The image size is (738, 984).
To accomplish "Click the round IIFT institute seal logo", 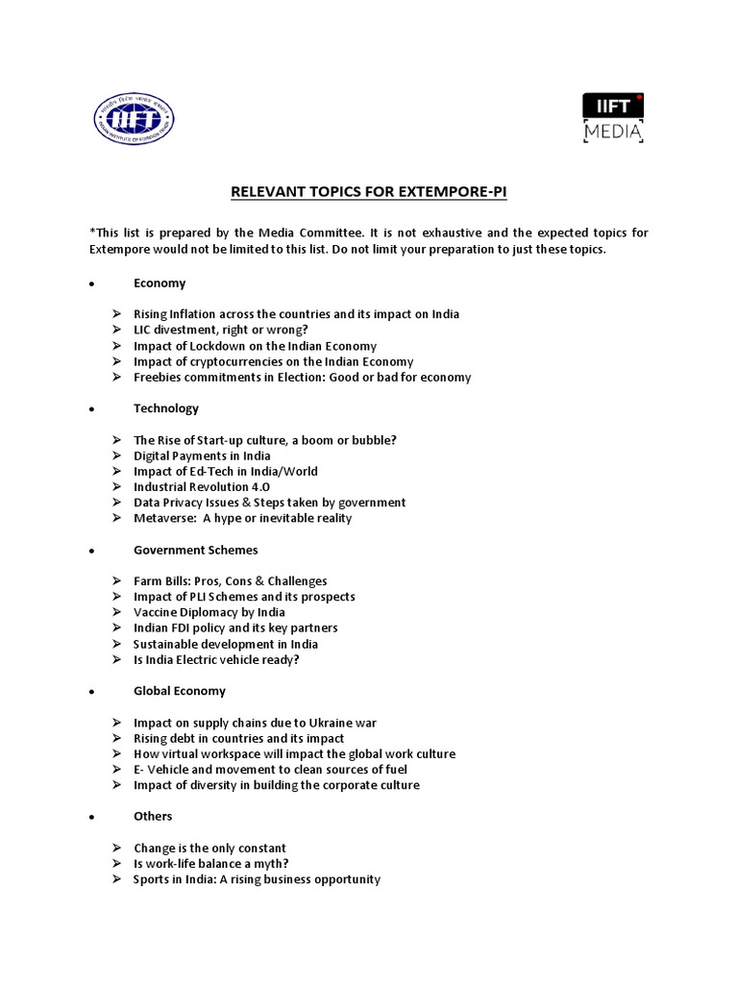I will coord(134,118).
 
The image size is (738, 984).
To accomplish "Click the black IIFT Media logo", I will coord(613,118).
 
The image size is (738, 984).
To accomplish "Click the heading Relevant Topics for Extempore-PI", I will coord(368,192).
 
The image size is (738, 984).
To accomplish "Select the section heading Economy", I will coord(160,283).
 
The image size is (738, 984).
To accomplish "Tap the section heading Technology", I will coord(166,408).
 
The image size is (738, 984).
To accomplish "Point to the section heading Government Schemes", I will coord(195,550).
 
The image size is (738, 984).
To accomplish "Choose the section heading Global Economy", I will coord(180,691).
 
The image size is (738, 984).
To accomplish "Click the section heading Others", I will coord(153,816).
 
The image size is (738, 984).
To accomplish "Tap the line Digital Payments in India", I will coord(202,455).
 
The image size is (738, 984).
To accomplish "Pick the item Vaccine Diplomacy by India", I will coord(209,612).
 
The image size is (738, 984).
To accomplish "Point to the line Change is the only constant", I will coord(209,849).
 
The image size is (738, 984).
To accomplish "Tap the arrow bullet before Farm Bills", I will coord(115,581).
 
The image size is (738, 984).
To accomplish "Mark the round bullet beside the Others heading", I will coord(90,817).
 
